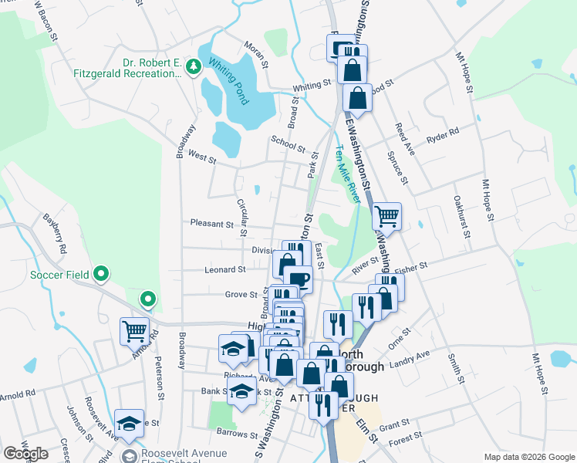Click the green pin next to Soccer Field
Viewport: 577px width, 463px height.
pos(101,274)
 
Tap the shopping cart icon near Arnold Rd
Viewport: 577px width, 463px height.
pos(134,330)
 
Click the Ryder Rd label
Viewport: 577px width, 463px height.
pos(442,132)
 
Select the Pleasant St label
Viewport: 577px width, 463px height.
pos(212,225)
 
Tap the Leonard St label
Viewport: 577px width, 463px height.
pos(224,270)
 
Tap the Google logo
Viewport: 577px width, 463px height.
pos(25,454)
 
